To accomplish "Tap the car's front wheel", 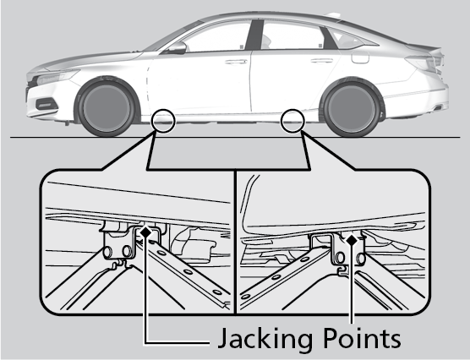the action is (x=107, y=107).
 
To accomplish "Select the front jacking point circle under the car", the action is (x=163, y=121).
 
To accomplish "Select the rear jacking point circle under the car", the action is (x=292, y=121).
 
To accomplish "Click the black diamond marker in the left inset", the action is (x=146, y=232).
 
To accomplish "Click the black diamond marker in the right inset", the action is (x=352, y=240).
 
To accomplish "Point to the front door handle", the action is (x=236, y=62).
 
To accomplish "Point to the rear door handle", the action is (x=321, y=61).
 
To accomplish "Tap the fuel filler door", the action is (x=360, y=57).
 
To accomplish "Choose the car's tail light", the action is (x=424, y=63).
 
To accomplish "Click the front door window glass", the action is (x=216, y=37).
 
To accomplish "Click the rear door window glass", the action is (x=292, y=35).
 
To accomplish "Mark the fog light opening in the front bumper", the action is (x=46, y=104).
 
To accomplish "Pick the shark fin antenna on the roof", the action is (x=333, y=15).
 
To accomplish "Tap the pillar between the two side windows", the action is (x=254, y=35).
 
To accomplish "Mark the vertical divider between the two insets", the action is (x=236, y=242).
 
